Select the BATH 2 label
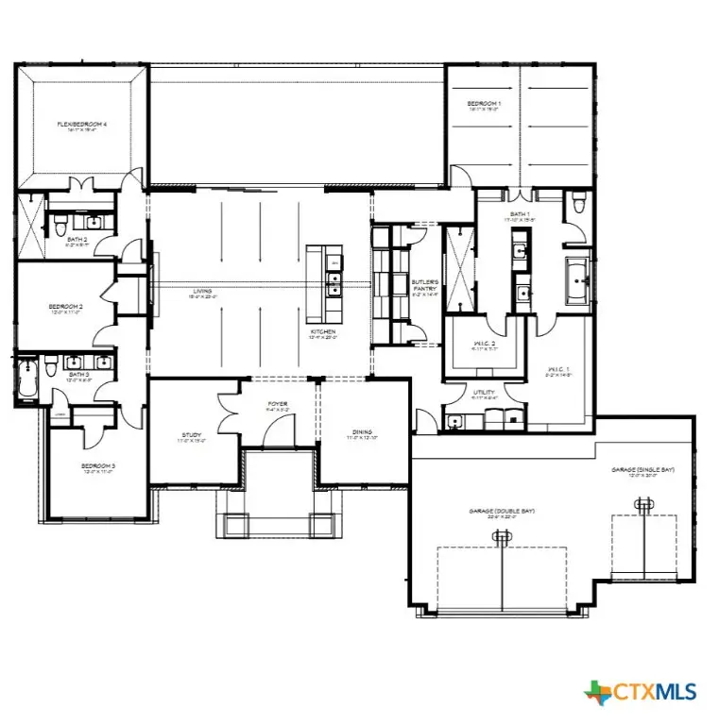click(77, 241)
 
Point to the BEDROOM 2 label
click(66, 307)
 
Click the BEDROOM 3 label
click(97, 466)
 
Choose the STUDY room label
click(192, 436)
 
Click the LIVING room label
click(198, 292)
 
